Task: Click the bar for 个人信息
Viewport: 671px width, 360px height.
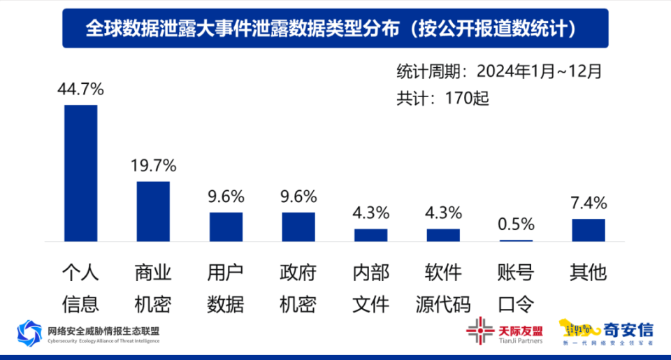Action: click(x=80, y=173)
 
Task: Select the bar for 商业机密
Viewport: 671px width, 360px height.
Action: click(x=153, y=211)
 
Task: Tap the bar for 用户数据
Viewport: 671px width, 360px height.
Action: click(x=226, y=226)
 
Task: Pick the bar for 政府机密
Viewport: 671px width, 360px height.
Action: click(x=298, y=226)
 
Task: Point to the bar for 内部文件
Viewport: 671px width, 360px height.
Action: click(x=370, y=235)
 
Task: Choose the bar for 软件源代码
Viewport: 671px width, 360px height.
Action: click(x=443, y=235)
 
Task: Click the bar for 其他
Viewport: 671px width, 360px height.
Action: click(x=589, y=230)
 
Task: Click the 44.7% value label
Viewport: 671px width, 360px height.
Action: click(x=80, y=89)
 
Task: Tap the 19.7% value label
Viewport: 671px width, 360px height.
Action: click(x=153, y=166)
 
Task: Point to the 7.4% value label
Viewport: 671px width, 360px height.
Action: click(x=589, y=203)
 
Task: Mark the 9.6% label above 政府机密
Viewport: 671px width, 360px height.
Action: click(x=298, y=196)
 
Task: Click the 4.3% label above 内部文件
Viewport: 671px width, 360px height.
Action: click(x=370, y=213)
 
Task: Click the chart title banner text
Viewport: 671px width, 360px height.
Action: click(x=335, y=28)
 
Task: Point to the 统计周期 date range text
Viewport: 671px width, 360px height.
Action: click(x=499, y=71)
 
